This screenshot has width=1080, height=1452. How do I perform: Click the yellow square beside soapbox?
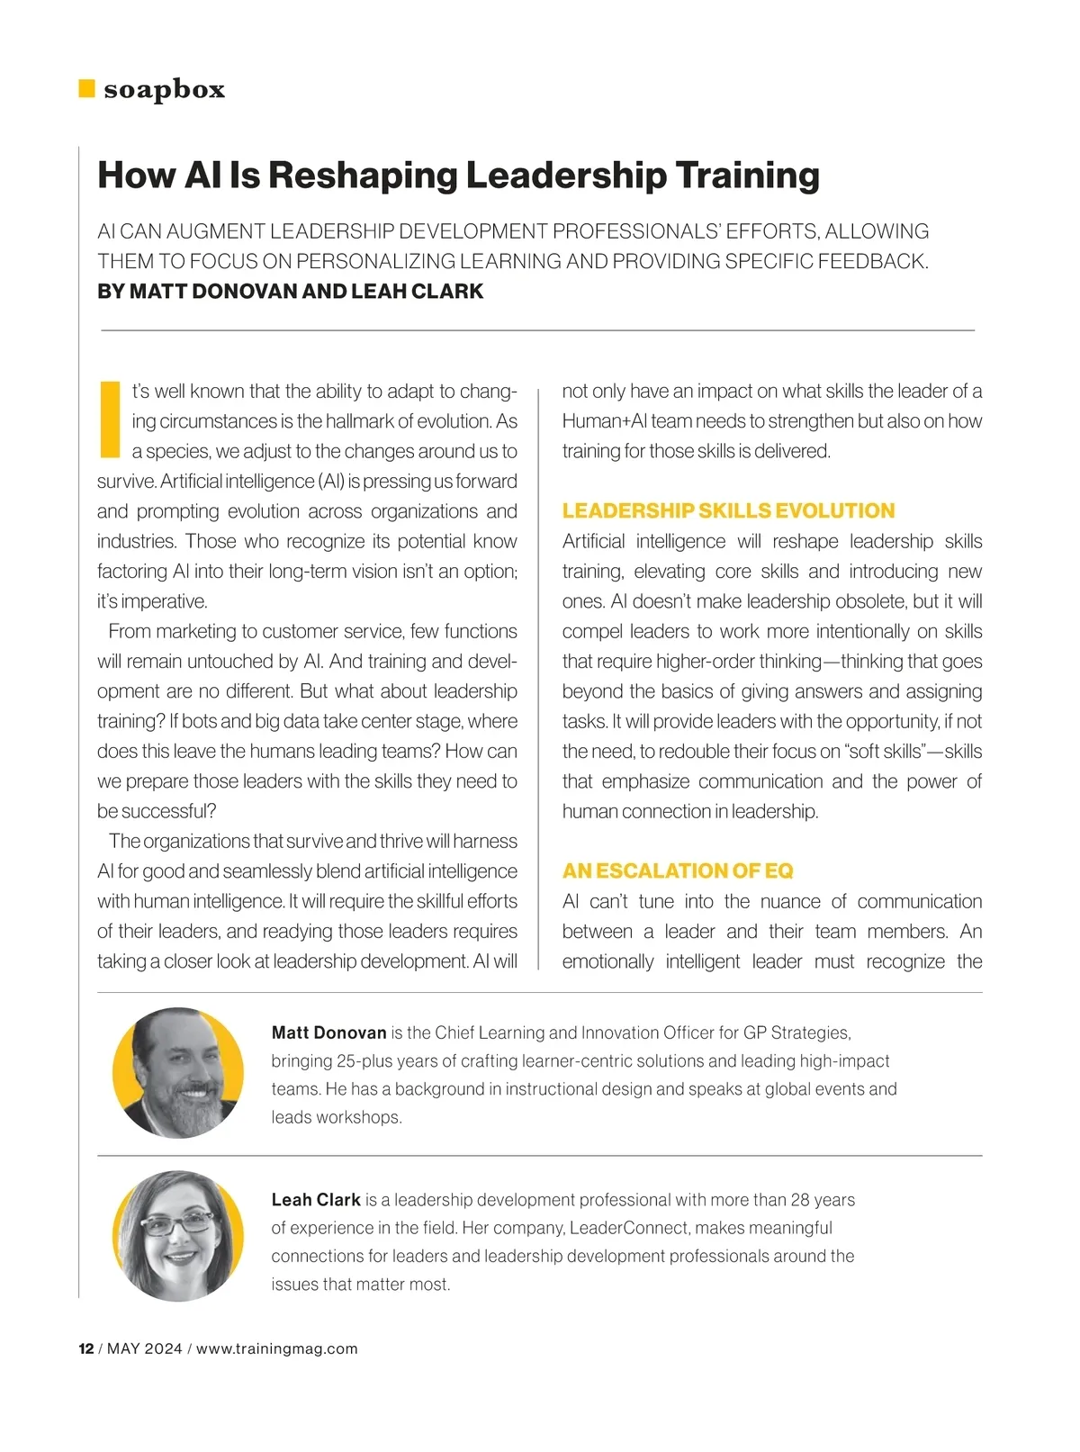86,88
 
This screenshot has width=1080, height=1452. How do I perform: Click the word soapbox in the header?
164,89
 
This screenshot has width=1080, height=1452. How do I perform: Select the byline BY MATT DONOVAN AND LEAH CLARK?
290,292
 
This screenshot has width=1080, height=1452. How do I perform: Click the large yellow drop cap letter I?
109,419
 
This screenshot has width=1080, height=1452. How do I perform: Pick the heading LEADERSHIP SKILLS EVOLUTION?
728,511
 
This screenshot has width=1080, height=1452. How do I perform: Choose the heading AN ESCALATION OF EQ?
677,871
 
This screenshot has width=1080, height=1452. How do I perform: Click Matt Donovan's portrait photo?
177,1072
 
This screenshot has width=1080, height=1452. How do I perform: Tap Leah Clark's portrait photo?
177,1235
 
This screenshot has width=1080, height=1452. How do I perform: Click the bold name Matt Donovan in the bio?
328,1033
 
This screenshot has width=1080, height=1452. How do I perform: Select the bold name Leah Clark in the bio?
316,1200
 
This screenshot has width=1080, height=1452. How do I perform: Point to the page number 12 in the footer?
86,1348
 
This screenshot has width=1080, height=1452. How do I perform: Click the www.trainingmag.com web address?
276,1348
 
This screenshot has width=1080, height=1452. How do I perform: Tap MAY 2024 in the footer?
145,1348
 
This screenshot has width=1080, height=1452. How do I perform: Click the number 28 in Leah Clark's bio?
800,1200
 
